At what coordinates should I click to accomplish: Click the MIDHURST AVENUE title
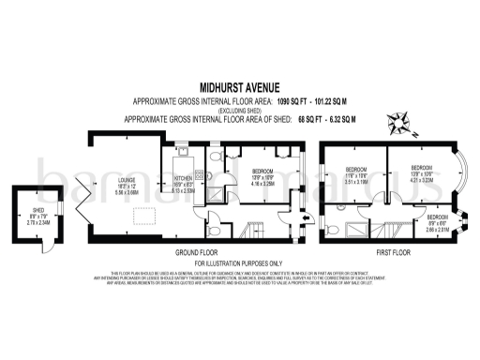(240, 84)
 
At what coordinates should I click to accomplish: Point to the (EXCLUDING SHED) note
(240, 108)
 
